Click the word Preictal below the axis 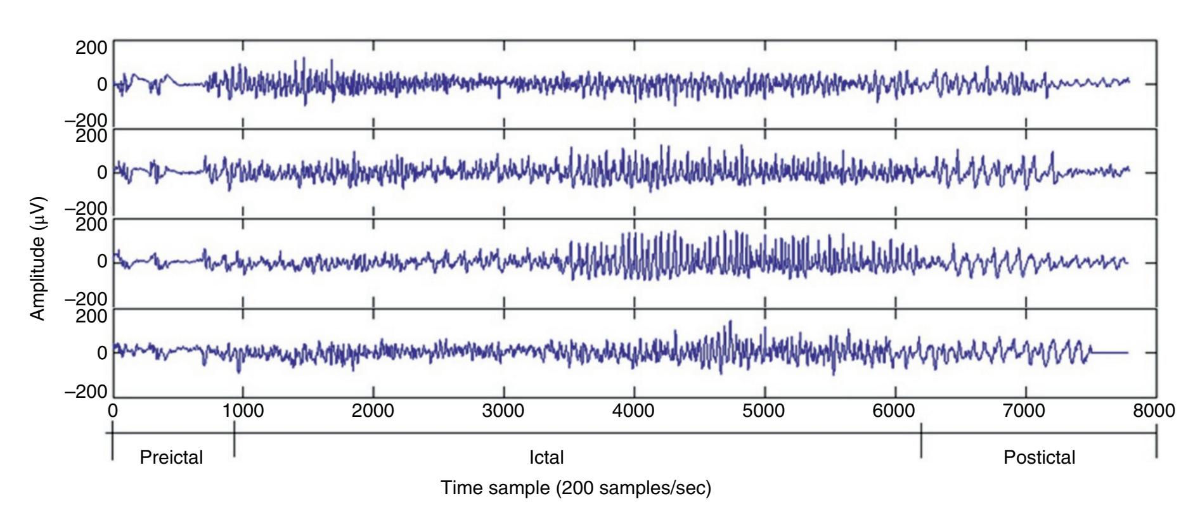pos(171,457)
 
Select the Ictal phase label pos(546,457)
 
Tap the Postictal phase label pos(1039,457)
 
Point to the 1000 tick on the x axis pos(243,411)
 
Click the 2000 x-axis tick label pos(373,411)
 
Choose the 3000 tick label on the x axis pos(503,411)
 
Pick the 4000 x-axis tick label pos(634,411)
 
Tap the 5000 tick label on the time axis pos(765,411)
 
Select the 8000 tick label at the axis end pos(1155,411)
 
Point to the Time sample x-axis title pos(576,488)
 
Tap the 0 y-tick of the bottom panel pos(101,353)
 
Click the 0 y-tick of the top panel pos(101,84)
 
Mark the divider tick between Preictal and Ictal pos(234,440)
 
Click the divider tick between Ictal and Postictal pos(921,440)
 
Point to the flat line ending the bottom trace pos(1109,352)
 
